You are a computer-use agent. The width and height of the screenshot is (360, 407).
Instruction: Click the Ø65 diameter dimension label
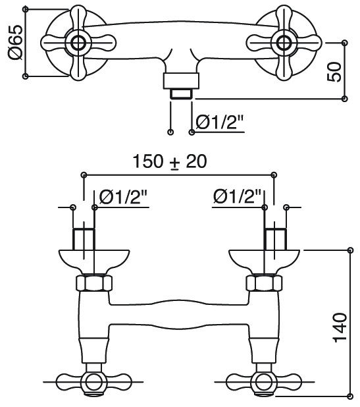[x=16, y=43]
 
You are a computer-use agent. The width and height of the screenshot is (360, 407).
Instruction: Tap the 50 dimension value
[x=334, y=72]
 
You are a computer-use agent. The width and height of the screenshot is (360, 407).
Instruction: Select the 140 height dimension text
[x=340, y=328]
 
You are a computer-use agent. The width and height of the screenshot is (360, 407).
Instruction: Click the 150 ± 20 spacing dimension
[x=170, y=161]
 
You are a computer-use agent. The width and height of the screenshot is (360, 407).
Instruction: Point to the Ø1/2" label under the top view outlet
[x=219, y=122]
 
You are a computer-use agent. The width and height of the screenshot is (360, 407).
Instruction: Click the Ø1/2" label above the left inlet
[x=123, y=197]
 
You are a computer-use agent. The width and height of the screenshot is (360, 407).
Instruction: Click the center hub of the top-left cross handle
[x=78, y=43]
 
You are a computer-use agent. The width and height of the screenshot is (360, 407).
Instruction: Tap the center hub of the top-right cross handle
[x=284, y=43]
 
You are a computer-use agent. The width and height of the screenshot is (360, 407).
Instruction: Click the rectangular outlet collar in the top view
[x=181, y=81]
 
